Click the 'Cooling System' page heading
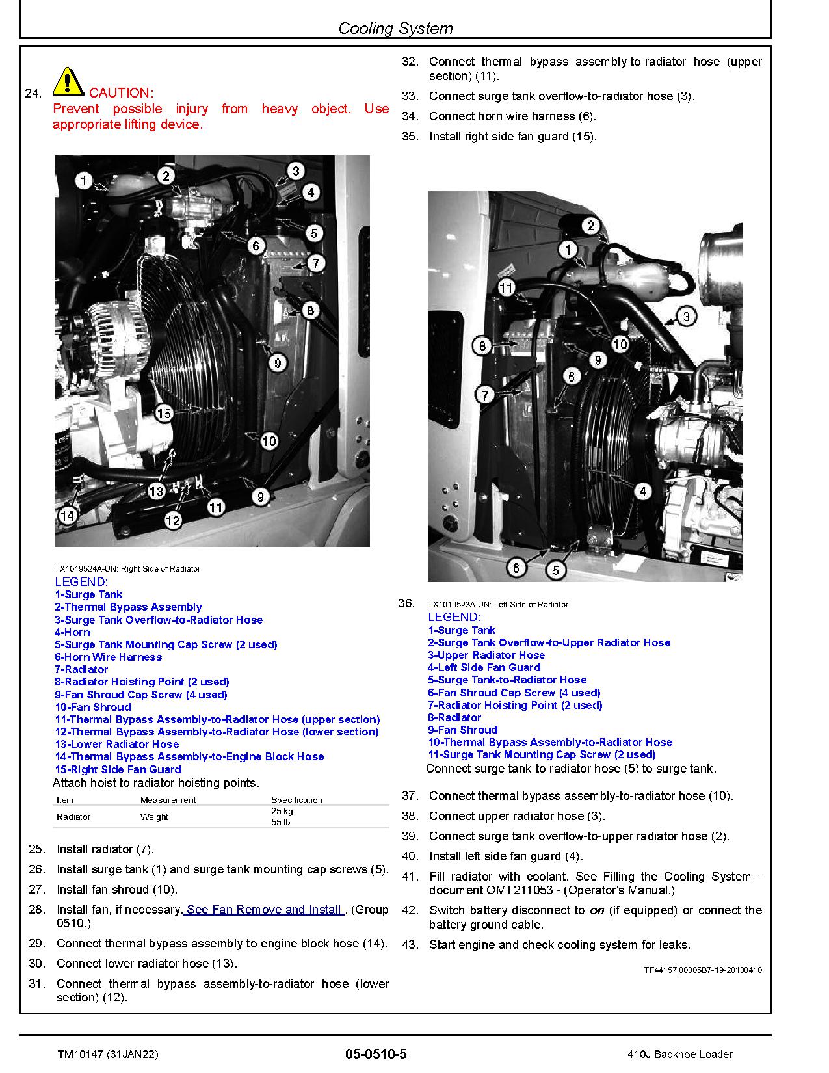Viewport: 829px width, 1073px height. click(395, 28)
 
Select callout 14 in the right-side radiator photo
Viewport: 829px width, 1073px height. click(67, 516)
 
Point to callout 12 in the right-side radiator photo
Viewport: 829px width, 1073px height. click(172, 520)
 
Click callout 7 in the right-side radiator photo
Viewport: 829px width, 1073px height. click(315, 263)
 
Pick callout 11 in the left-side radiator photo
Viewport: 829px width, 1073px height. click(506, 287)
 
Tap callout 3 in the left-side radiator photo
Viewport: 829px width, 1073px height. click(686, 317)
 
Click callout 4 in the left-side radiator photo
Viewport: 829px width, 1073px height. click(642, 491)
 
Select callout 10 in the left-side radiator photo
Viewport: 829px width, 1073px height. click(620, 344)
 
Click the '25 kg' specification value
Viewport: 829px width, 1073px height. click(282, 811)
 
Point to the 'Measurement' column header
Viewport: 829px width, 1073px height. click(168, 800)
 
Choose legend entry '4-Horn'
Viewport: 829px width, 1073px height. click(72, 632)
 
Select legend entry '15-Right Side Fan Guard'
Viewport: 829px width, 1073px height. click(118, 769)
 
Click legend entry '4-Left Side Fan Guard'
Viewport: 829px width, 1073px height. click(484, 667)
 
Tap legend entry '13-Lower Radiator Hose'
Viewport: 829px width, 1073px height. click(116, 744)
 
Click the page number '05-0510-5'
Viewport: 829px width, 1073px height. click(376, 1054)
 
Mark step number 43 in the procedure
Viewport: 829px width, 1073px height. click(410, 945)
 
